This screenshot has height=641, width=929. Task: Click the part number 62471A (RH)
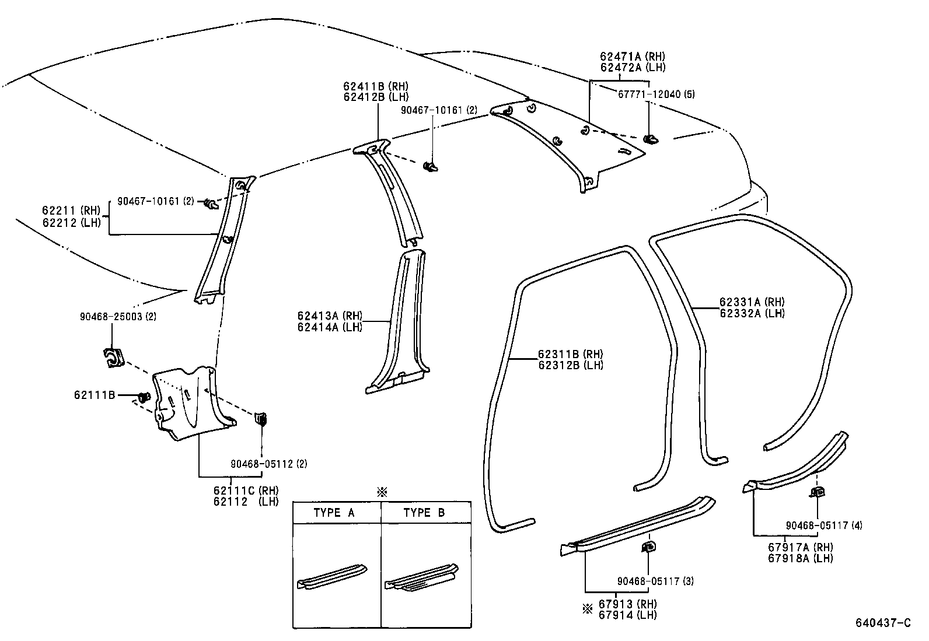633,57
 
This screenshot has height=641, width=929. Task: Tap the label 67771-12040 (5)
656,94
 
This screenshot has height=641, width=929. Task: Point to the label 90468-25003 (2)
118,316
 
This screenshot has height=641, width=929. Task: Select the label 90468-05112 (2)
268,464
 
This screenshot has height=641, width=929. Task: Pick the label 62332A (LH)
752,313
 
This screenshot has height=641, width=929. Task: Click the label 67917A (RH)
800,547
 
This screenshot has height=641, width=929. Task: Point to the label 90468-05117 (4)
823,525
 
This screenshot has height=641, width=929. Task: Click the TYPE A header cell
334,513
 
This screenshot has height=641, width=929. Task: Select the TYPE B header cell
424,513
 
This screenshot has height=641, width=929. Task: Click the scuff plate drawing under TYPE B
421,577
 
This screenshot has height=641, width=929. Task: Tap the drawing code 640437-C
883,623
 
